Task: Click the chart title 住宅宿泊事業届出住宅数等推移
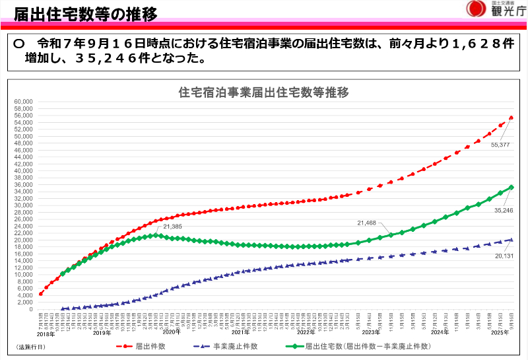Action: [263, 92]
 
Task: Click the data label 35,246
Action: [503, 210]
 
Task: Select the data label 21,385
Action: [174, 227]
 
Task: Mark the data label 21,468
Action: [366, 223]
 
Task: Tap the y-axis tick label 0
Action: [30, 309]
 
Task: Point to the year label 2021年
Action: [240, 332]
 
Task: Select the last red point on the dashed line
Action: [511, 118]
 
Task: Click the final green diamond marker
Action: [511, 187]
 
